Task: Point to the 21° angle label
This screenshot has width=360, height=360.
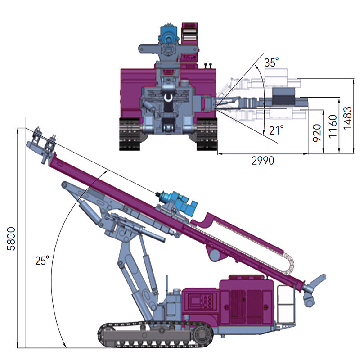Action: (276, 130)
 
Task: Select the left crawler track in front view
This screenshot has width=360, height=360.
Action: (130, 134)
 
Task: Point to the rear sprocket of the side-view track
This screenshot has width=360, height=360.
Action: (203, 335)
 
